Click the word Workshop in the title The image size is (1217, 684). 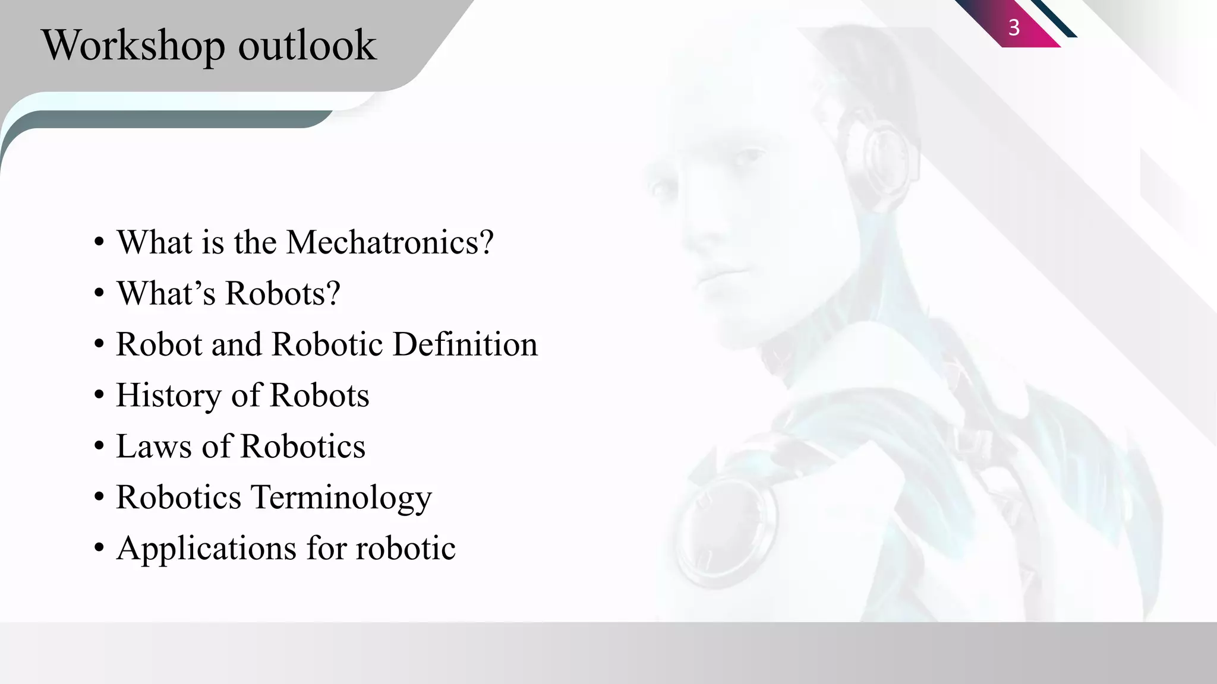pos(133,45)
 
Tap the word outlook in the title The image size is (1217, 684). pos(307,45)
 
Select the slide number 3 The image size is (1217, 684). pos(1014,27)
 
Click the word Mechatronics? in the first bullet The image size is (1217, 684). pos(390,242)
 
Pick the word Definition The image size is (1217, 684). pos(465,344)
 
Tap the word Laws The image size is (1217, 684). pos(154,446)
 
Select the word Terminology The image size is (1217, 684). pos(342,498)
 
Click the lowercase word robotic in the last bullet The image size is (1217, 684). pos(406,548)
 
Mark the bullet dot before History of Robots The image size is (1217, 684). pos(99,396)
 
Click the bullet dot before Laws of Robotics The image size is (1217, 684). pos(99,447)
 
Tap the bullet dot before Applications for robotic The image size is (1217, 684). pos(99,549)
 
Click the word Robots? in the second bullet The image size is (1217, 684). pos(283,293)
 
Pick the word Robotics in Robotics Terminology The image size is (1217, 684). pos(178,498)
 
